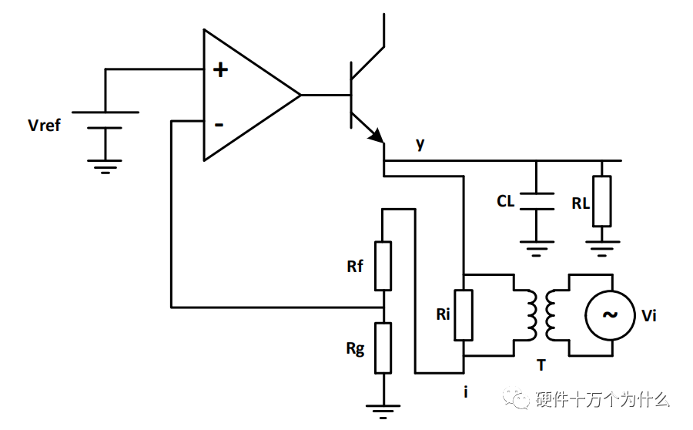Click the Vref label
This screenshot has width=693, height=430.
[44, 125]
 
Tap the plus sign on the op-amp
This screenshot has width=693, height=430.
[221, 70]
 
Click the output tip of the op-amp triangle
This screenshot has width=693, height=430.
[300, 95]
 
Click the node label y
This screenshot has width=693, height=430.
[420, 143]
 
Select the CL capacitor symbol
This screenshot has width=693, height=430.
[537, 201]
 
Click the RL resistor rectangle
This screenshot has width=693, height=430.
[601, 201]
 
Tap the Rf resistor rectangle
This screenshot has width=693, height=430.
[383, 266]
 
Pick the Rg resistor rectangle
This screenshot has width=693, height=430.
[383, 348]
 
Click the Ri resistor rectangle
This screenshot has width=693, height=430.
[463, 314]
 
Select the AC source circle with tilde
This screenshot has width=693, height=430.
[609, 314]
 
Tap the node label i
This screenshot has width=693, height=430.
[465, 392]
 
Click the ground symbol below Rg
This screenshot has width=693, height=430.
[383, 410]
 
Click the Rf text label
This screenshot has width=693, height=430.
[356, 267]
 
